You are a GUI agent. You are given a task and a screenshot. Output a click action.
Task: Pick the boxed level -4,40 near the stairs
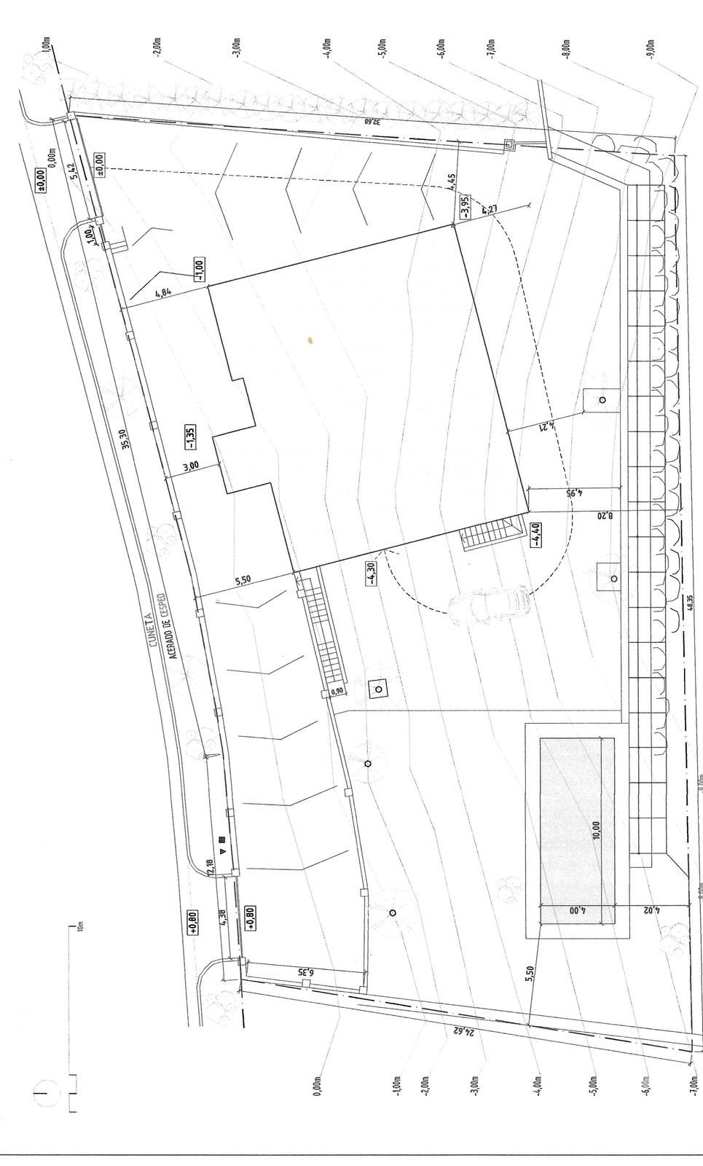click(537, 534)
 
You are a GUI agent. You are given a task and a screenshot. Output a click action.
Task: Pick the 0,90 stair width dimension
click(337, 692)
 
